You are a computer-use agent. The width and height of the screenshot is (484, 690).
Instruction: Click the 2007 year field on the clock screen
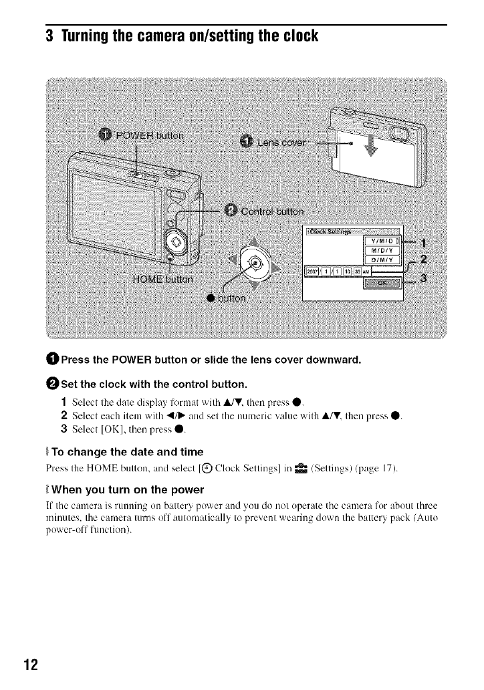(313, 271)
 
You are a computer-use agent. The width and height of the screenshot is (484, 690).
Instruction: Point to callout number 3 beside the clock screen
(424, 278)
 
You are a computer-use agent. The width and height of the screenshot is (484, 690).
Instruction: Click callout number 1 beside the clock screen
(422, 243)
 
